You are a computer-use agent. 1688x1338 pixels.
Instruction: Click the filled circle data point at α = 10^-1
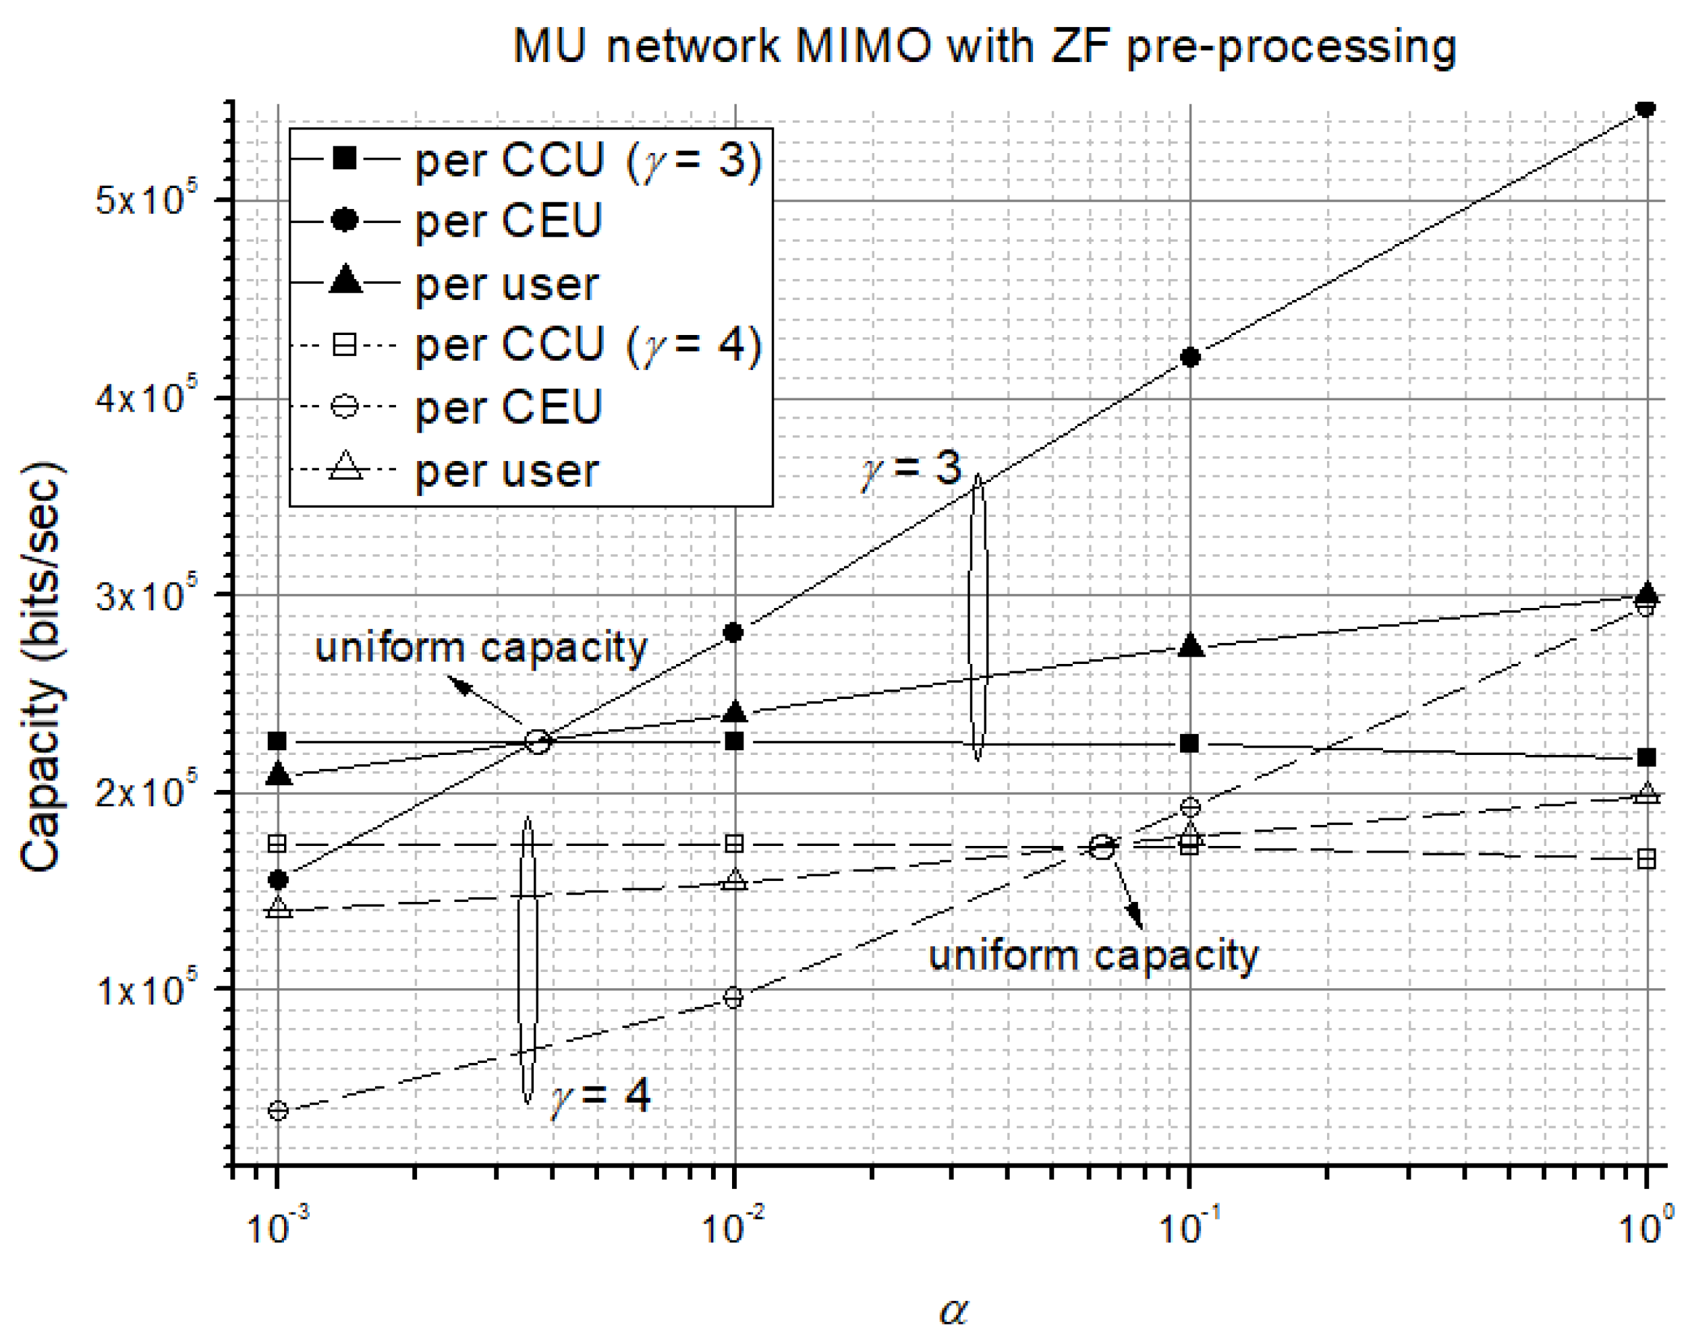(1189, 357)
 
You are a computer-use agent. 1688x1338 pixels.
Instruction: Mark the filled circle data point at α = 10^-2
(733, 632)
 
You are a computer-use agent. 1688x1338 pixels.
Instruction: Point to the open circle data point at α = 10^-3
(278, 1110)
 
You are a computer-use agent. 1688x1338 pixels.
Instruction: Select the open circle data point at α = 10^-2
(733, 998)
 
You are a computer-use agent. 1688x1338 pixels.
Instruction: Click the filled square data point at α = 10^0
(1645, 758)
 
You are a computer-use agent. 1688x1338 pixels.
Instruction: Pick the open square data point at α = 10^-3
(277, 843)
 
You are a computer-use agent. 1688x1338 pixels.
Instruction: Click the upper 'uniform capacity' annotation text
(481, 648)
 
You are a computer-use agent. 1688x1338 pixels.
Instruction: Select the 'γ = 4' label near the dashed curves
(601, 1095)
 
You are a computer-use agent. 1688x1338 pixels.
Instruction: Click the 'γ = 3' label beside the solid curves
(911, 468)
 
